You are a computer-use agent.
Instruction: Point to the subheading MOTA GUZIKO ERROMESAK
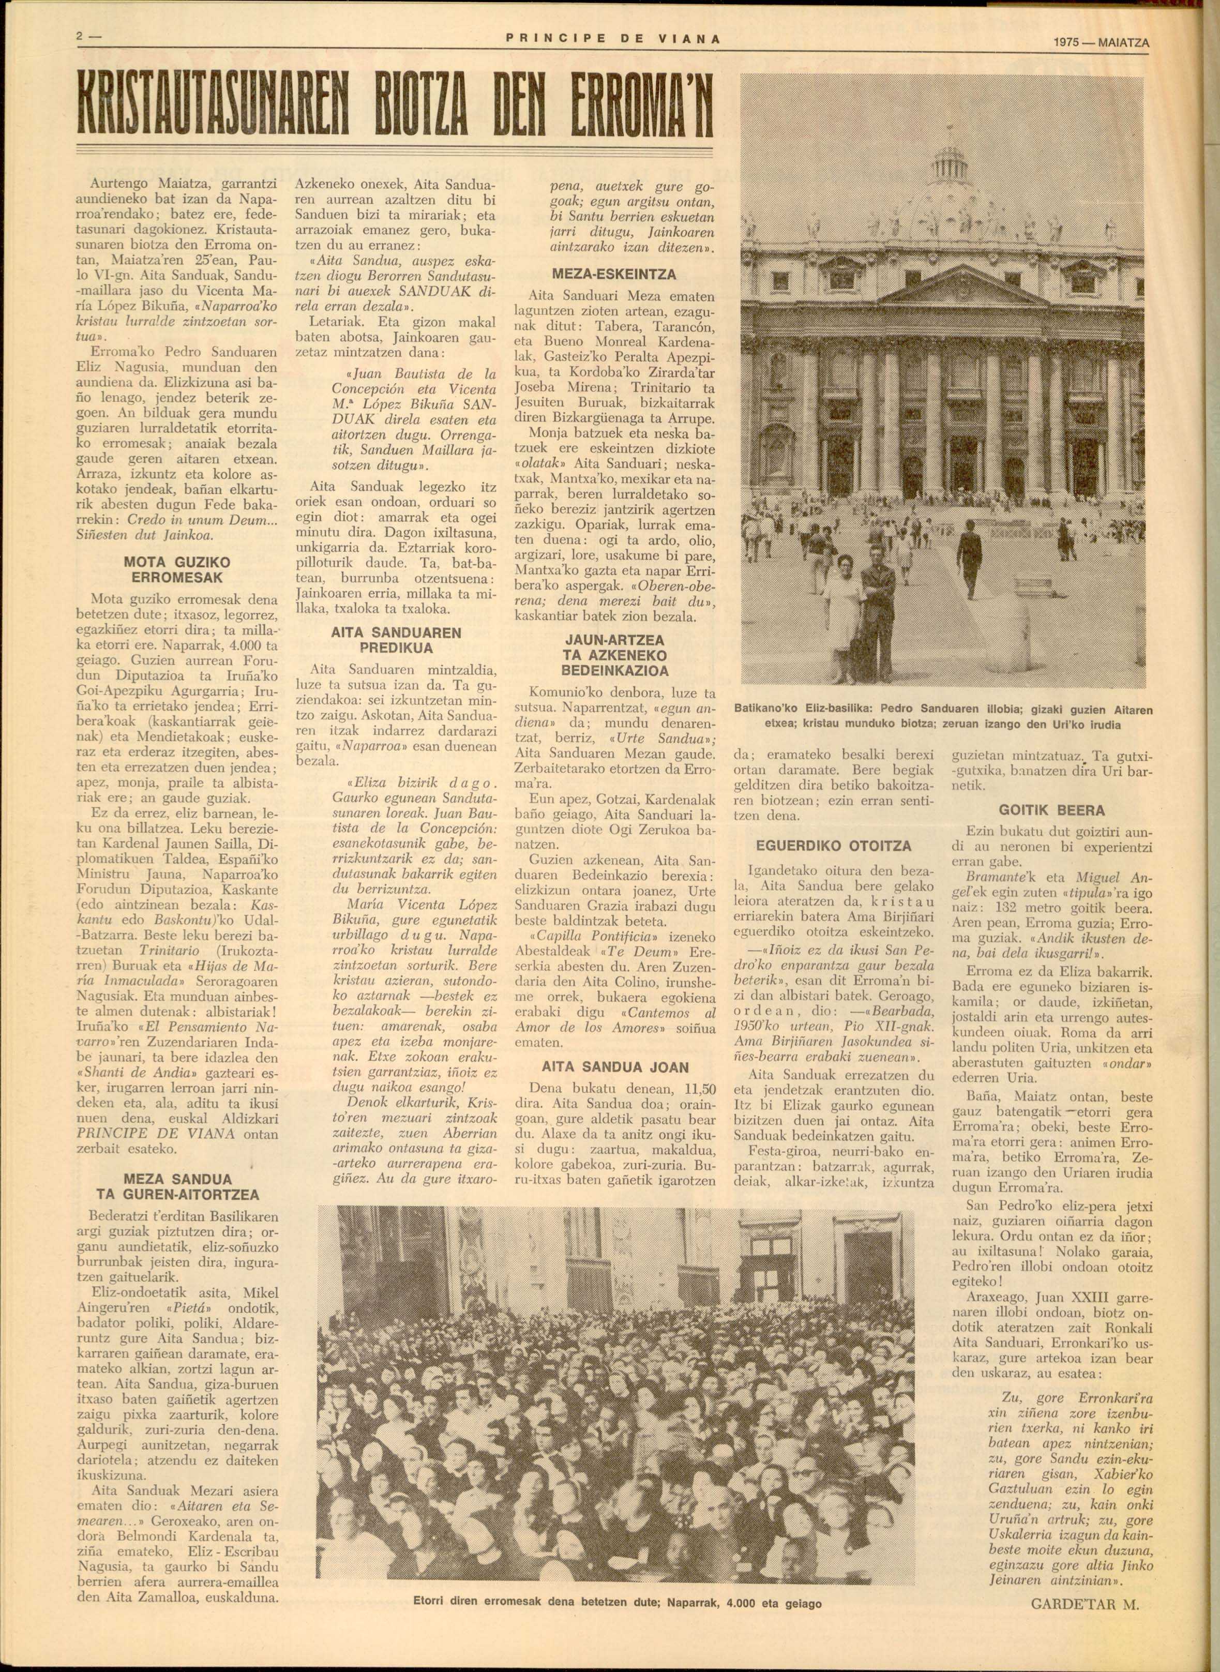[169, 569]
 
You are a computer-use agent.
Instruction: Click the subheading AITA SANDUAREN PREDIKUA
[396, 640]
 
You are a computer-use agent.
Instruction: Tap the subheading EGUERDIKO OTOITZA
[833, 846]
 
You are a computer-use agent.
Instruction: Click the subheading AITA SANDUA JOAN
[625, 1067]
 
